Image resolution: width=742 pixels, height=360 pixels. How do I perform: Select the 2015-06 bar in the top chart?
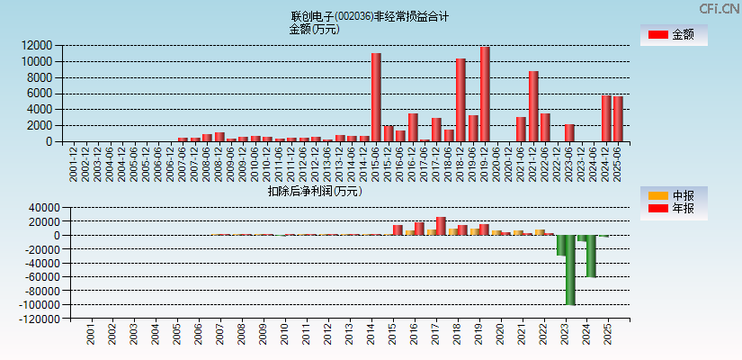(376, 97)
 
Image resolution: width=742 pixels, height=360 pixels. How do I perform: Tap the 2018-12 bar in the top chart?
(460, 100)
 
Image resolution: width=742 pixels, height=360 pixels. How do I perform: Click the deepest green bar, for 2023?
(570, 270)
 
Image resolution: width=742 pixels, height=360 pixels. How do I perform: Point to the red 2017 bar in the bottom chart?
(441, 226)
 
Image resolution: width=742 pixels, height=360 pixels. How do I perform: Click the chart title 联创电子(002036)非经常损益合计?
(370, 16)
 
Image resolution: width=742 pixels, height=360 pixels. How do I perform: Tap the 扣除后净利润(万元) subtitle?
(314, 191)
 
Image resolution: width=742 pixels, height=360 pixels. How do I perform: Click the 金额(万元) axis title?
(314, 29)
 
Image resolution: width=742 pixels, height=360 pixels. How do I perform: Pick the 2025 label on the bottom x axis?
(607, 337)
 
